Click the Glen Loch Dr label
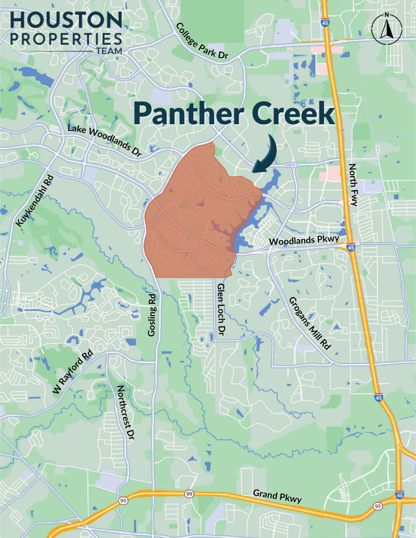coord(221,310)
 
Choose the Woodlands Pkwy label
coord(304,242)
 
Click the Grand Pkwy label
coord(277,495)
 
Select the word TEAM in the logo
coord(109,50)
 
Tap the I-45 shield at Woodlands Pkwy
coord(352,248)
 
